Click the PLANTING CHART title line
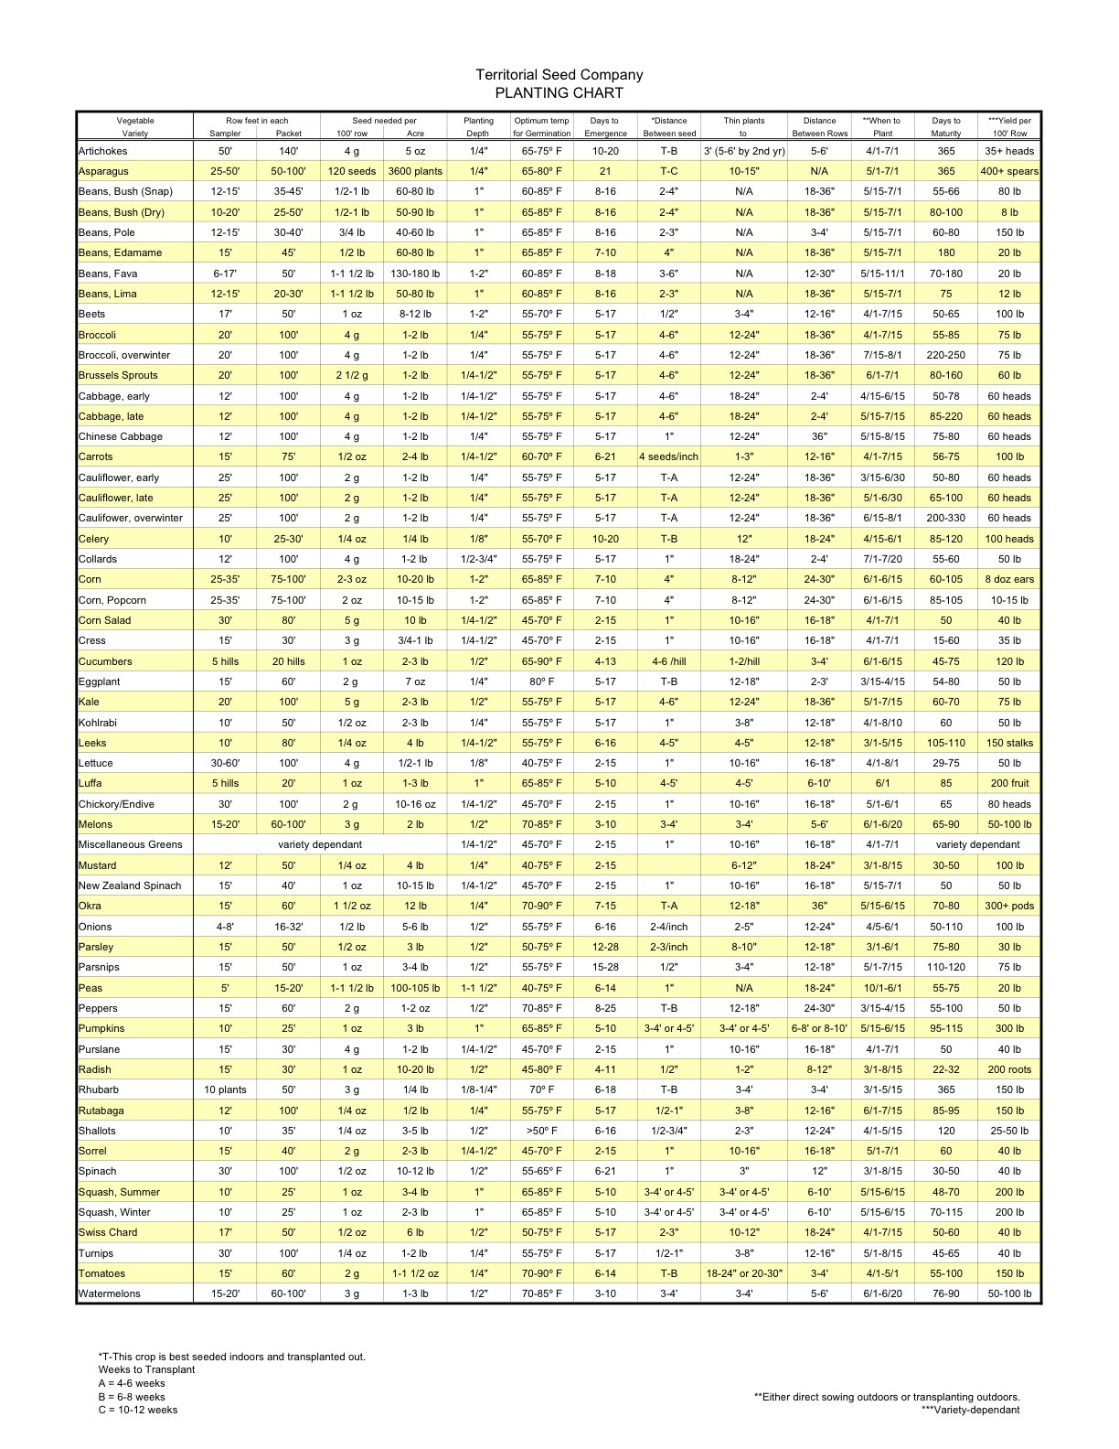tap(559, 92)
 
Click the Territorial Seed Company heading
tap(559, 75)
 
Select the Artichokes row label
tap(103, 151)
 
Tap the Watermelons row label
tap(110, 1293)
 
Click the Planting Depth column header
tap(478, 126)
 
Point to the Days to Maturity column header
tap(946, 126)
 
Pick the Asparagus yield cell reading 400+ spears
tap(1009, 171)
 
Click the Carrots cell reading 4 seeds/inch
tap(668, 456)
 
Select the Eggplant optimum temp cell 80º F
tap(542, 682)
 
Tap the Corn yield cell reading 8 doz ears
tap(1009, 579)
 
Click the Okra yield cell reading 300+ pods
tap(1009, 906)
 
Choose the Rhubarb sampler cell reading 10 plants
tap(225, 1089)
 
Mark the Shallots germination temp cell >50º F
tap(542, 1131)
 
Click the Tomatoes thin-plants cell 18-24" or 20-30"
tap(744, 1273)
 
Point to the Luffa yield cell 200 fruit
tap(1009, 783)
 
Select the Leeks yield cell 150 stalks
tap(1009, 743)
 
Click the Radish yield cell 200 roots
tap(1009, 1069)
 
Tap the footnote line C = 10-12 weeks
tap(138, 1410)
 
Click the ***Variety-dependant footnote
tap(970, 1410)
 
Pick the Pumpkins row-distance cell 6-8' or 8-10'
tap(819, 1028)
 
